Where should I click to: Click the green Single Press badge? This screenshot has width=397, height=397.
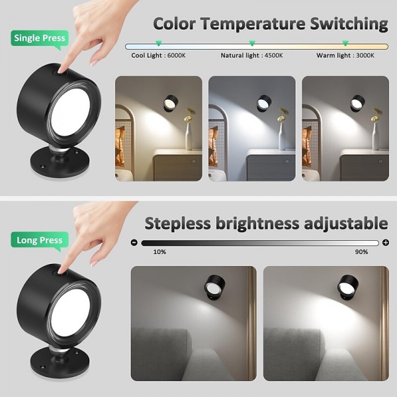40,38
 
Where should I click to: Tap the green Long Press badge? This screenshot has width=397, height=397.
40,240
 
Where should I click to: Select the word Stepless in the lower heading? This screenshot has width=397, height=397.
177,224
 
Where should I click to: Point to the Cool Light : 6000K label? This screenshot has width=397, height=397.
158,56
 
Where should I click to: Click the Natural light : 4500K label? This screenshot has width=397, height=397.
251,56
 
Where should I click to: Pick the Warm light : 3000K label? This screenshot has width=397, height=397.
345,56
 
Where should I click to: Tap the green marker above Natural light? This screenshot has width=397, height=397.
252,43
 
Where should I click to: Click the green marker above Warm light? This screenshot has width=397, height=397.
345,43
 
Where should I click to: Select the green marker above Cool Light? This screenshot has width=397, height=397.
159,43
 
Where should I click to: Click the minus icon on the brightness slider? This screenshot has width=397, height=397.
134,243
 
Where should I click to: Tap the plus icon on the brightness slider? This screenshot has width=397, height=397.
386,243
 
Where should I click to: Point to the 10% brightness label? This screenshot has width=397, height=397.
159,252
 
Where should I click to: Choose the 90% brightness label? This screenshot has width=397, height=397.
361,252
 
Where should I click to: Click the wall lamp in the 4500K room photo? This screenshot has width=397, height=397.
263,103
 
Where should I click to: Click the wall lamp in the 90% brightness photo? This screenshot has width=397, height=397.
347,287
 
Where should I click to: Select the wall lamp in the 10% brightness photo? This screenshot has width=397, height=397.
214,287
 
